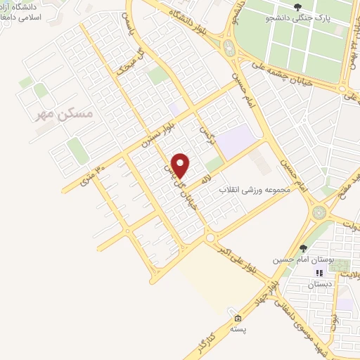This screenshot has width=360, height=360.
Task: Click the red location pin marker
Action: click(x=181, y=165)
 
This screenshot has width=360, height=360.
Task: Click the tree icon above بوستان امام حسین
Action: click(x=302, y=247)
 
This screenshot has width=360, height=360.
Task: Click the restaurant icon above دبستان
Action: click(x=318, y=272)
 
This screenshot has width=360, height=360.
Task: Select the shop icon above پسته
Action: click(x=238, y=317)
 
